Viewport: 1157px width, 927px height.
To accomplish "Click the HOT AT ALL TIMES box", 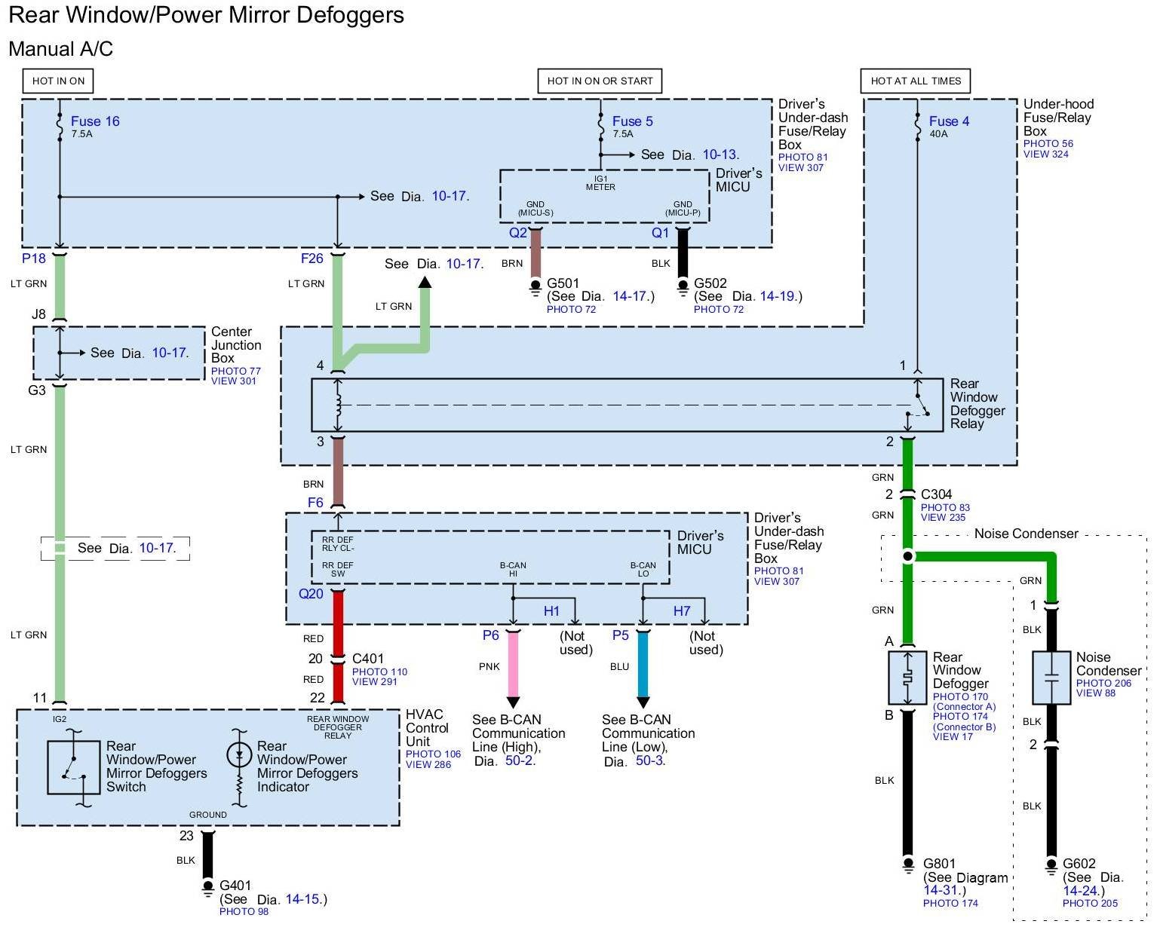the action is (x=915, y=81).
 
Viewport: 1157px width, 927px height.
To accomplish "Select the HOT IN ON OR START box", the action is (x=600, y=81).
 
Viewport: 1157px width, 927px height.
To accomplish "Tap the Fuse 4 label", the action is (x=949, y=121).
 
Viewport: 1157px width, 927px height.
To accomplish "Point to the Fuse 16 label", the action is (x=95, y=121).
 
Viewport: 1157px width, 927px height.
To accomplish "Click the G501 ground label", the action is (x=563, y=283).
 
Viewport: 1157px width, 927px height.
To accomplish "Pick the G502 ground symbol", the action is (x=683, y=287).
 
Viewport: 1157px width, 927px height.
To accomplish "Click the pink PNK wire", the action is (x=513, y=664).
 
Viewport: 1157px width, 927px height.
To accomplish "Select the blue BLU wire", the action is (x=643, y=664).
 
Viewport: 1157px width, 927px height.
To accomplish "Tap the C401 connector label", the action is (x=368, y=658).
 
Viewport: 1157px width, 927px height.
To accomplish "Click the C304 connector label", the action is (x=936, y=494).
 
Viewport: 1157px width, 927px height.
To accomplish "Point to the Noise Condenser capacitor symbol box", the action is (x=1051, y=678).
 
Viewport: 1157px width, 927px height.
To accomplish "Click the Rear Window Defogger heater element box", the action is (x=907, y=678).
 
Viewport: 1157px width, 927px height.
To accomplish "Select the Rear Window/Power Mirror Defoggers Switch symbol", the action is (x=74, y=767).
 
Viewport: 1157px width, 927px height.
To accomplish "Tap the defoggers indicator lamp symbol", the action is (x=238, y=756).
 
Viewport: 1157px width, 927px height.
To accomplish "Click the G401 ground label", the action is (x=235, y=885).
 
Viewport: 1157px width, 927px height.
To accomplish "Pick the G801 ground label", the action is (x=939, y=864).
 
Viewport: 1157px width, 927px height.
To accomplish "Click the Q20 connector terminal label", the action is (x=311, y=594).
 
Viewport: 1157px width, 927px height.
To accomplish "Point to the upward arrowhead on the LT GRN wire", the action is (x=425, y=282).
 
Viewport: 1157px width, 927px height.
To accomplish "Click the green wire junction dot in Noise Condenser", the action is (x=907, y=556).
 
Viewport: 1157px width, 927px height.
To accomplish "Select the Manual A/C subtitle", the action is (x=61, y=49).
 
